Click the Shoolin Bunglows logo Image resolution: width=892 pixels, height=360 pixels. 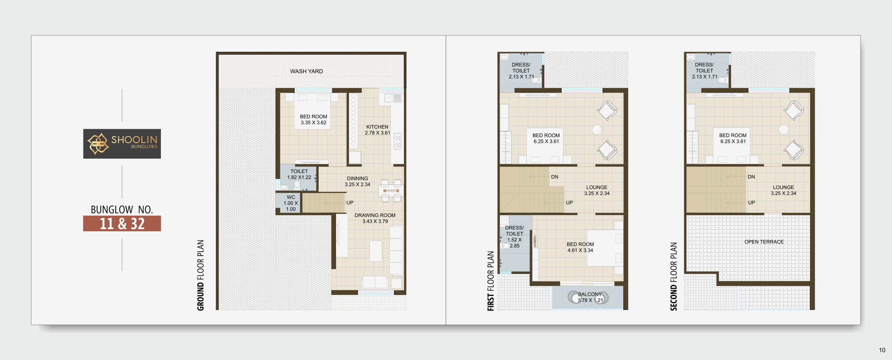tap(122, 143)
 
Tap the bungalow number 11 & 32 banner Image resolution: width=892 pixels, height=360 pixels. tap(122, 223)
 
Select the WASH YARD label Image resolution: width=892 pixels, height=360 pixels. tap(306, 71)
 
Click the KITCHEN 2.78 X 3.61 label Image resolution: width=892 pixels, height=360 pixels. tap(377, 130)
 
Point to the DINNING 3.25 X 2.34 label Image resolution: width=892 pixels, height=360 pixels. tap(357, 181)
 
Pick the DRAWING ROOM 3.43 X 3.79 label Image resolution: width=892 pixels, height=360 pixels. tap(375, 218)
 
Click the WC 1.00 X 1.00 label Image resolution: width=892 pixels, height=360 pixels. tap(291, 203)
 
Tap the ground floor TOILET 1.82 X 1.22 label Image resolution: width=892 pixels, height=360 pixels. tap(299, 174)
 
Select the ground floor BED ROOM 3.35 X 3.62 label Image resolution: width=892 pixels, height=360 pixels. tap(313, 120)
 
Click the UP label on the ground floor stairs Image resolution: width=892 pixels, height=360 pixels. tap(350, 203)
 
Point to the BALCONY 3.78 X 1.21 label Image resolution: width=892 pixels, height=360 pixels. tap(590, 297)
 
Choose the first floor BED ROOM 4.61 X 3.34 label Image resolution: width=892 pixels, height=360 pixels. tap(580, 247)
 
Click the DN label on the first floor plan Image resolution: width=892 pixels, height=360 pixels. tap(555, 177)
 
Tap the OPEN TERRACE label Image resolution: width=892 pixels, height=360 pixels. tap(764, 242)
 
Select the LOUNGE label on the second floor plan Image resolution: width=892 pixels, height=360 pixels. tap(783, 187)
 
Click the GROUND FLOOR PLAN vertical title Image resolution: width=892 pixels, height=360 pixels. tap(200, 275)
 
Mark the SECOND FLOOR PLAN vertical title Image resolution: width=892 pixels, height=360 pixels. tap(673, 277)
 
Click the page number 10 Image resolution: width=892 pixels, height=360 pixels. tap(882, 350)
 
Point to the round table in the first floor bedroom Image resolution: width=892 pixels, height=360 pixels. tap(597, 129)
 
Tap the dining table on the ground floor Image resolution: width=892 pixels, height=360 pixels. tap(391, 190)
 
